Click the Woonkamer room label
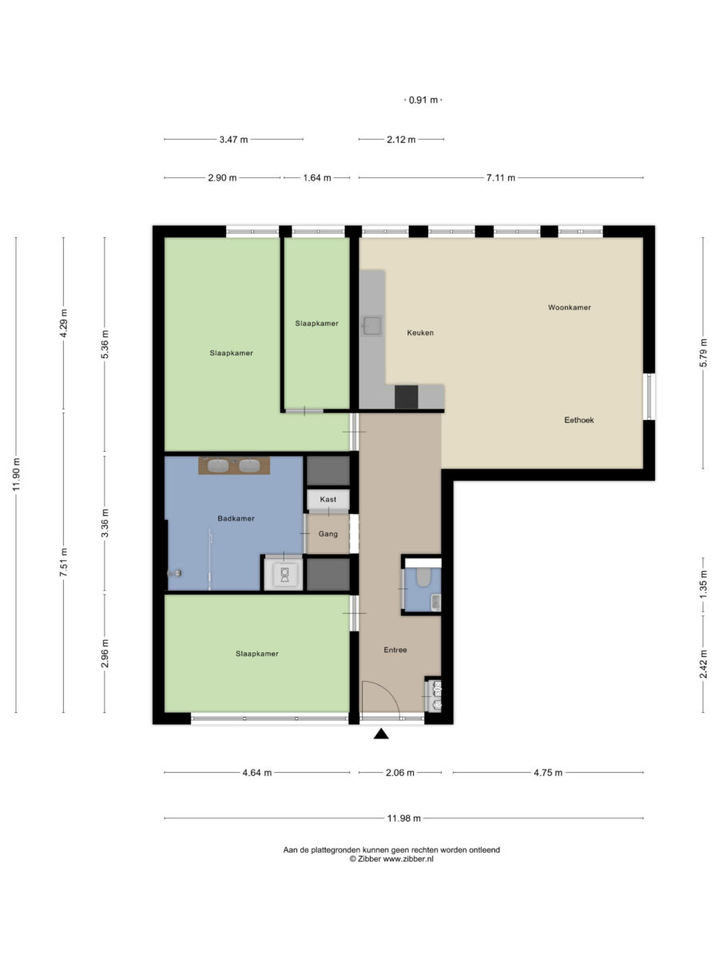[570, 307]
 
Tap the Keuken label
[420, 333]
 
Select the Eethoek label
[579, 420]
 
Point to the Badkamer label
[236, 518]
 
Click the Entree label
[395, 650]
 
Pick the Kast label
[328, 499]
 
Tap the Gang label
[328, 534]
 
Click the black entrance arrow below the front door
[381, 734]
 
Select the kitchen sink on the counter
[372, 326]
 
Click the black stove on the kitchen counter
[406, 397]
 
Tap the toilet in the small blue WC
[423, 577]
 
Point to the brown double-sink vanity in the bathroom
[234, 465]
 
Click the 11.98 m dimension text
[403, 818]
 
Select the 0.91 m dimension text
[423, 100]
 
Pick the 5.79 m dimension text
[703, 353]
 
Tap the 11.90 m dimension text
[16, 474]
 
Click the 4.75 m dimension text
[548, 773]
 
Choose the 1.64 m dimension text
[317, 178]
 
